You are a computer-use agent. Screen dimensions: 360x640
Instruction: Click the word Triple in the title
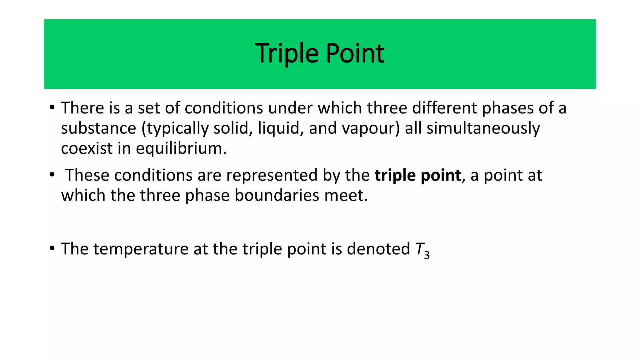point(287,54)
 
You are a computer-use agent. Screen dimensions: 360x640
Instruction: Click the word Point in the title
point(355,54)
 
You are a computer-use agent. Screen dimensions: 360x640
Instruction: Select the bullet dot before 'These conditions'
point(52,175)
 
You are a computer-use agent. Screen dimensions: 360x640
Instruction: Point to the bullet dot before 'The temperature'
point(52,249)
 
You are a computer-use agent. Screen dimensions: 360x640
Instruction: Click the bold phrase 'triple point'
point(418,175)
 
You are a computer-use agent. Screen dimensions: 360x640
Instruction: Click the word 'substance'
point(98,128)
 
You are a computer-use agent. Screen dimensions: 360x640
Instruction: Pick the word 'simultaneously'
point(483,128)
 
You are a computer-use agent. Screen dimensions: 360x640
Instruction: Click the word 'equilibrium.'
point(181,148)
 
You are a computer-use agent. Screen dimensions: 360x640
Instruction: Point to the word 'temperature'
point(141,249)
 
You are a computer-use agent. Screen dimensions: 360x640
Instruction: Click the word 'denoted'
point(378,249)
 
